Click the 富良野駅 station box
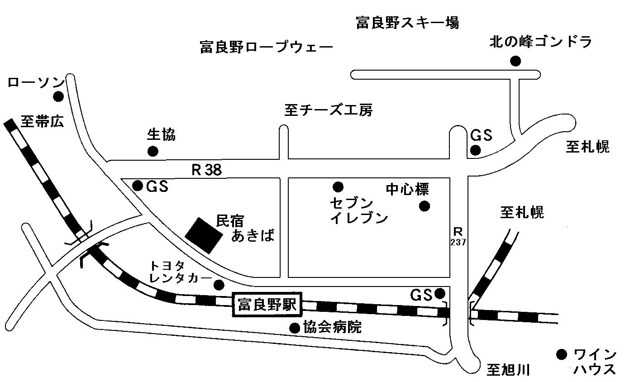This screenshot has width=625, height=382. click(x=267, y=305)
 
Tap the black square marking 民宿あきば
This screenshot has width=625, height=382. click(x=204, y=235)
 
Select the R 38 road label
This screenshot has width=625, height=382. click(x=207, y=170)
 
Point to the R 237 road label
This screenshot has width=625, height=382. click(x=458, y=236)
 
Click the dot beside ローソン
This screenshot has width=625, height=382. click(x=58, y=96)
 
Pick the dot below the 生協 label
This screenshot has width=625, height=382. click(x=153, y=151)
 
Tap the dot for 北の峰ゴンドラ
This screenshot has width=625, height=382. click(x=515, y=61)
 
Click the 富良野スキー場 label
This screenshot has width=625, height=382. click(x=408, y=23)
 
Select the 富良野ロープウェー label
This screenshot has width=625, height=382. click(x=267, y=47)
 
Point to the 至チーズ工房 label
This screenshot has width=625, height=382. click(x=329, y=110)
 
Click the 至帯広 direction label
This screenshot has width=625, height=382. click(x=43, y=122)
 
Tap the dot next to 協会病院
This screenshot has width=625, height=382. click(x=295, y=328)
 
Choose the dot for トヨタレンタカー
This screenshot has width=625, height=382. click(x=219, y=285)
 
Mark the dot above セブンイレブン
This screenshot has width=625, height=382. click(x=338, y=186)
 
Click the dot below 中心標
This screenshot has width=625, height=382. click(x=425, y=206)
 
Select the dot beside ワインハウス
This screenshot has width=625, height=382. click(x=562, y=355)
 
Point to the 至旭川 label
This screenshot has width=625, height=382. click(x=508, y=370)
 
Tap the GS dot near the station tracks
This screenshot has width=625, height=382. click(x=440, y=293)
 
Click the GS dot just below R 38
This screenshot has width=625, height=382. click(x=138, y=186)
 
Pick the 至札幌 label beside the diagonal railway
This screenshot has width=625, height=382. click(x=522, y=213)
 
